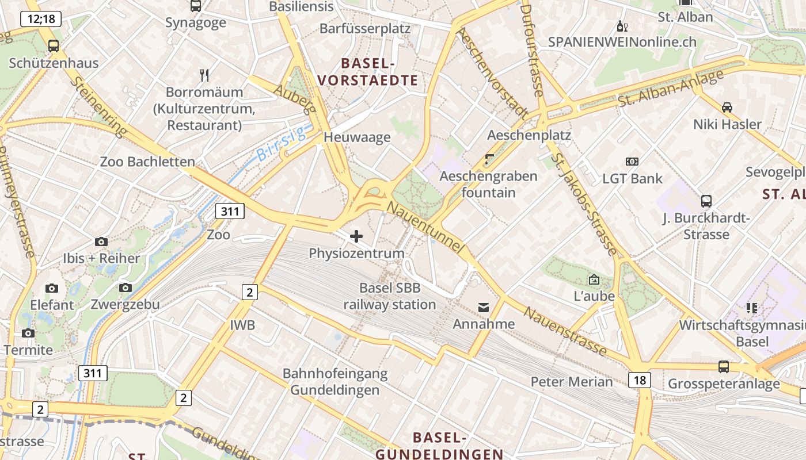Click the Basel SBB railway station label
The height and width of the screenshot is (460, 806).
pos(390,296)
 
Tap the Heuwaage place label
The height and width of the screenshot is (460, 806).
pos(357,137)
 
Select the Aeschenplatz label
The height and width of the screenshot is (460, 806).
pos(529,135)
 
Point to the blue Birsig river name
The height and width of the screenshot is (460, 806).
pos(281,144)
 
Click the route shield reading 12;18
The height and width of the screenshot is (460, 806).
pos(40,19)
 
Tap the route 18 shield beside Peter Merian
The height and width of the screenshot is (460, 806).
pos(640,379)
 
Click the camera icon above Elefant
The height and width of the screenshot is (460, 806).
pos(52,288)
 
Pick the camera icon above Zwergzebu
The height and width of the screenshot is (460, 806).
pos(126,287)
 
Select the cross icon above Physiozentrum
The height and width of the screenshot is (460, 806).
pos(356,236)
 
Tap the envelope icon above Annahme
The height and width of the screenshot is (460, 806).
pos(483,308)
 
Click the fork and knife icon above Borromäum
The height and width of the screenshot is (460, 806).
pos(204,75)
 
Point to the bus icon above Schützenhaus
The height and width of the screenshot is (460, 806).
pos(54,46)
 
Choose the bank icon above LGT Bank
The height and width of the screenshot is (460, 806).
pos(632,162)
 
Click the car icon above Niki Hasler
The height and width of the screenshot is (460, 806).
pos(727,108)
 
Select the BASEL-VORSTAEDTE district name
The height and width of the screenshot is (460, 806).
pos(379,72)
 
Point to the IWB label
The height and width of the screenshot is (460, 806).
pos(242,325)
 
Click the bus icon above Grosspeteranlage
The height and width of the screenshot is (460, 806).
pos(724,366)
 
